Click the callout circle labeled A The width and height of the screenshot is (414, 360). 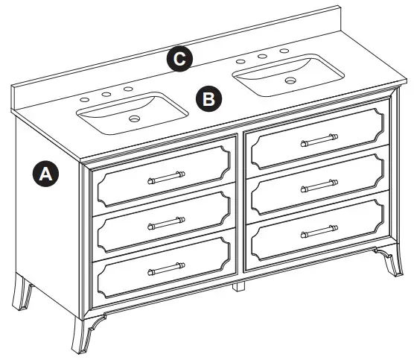coord(46,174)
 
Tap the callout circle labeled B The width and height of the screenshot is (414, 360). coord(209,98)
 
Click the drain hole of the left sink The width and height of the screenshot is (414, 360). coord(135,118)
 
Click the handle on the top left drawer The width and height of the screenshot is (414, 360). coord(166,177)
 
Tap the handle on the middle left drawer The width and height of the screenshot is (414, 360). coord(166,221)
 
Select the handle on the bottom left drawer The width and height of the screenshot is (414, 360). coord(166,268)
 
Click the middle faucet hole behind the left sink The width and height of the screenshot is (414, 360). coord(106,94)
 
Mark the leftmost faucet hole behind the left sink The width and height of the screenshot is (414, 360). coord(85,99)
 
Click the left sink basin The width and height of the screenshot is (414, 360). coord(134,112)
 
